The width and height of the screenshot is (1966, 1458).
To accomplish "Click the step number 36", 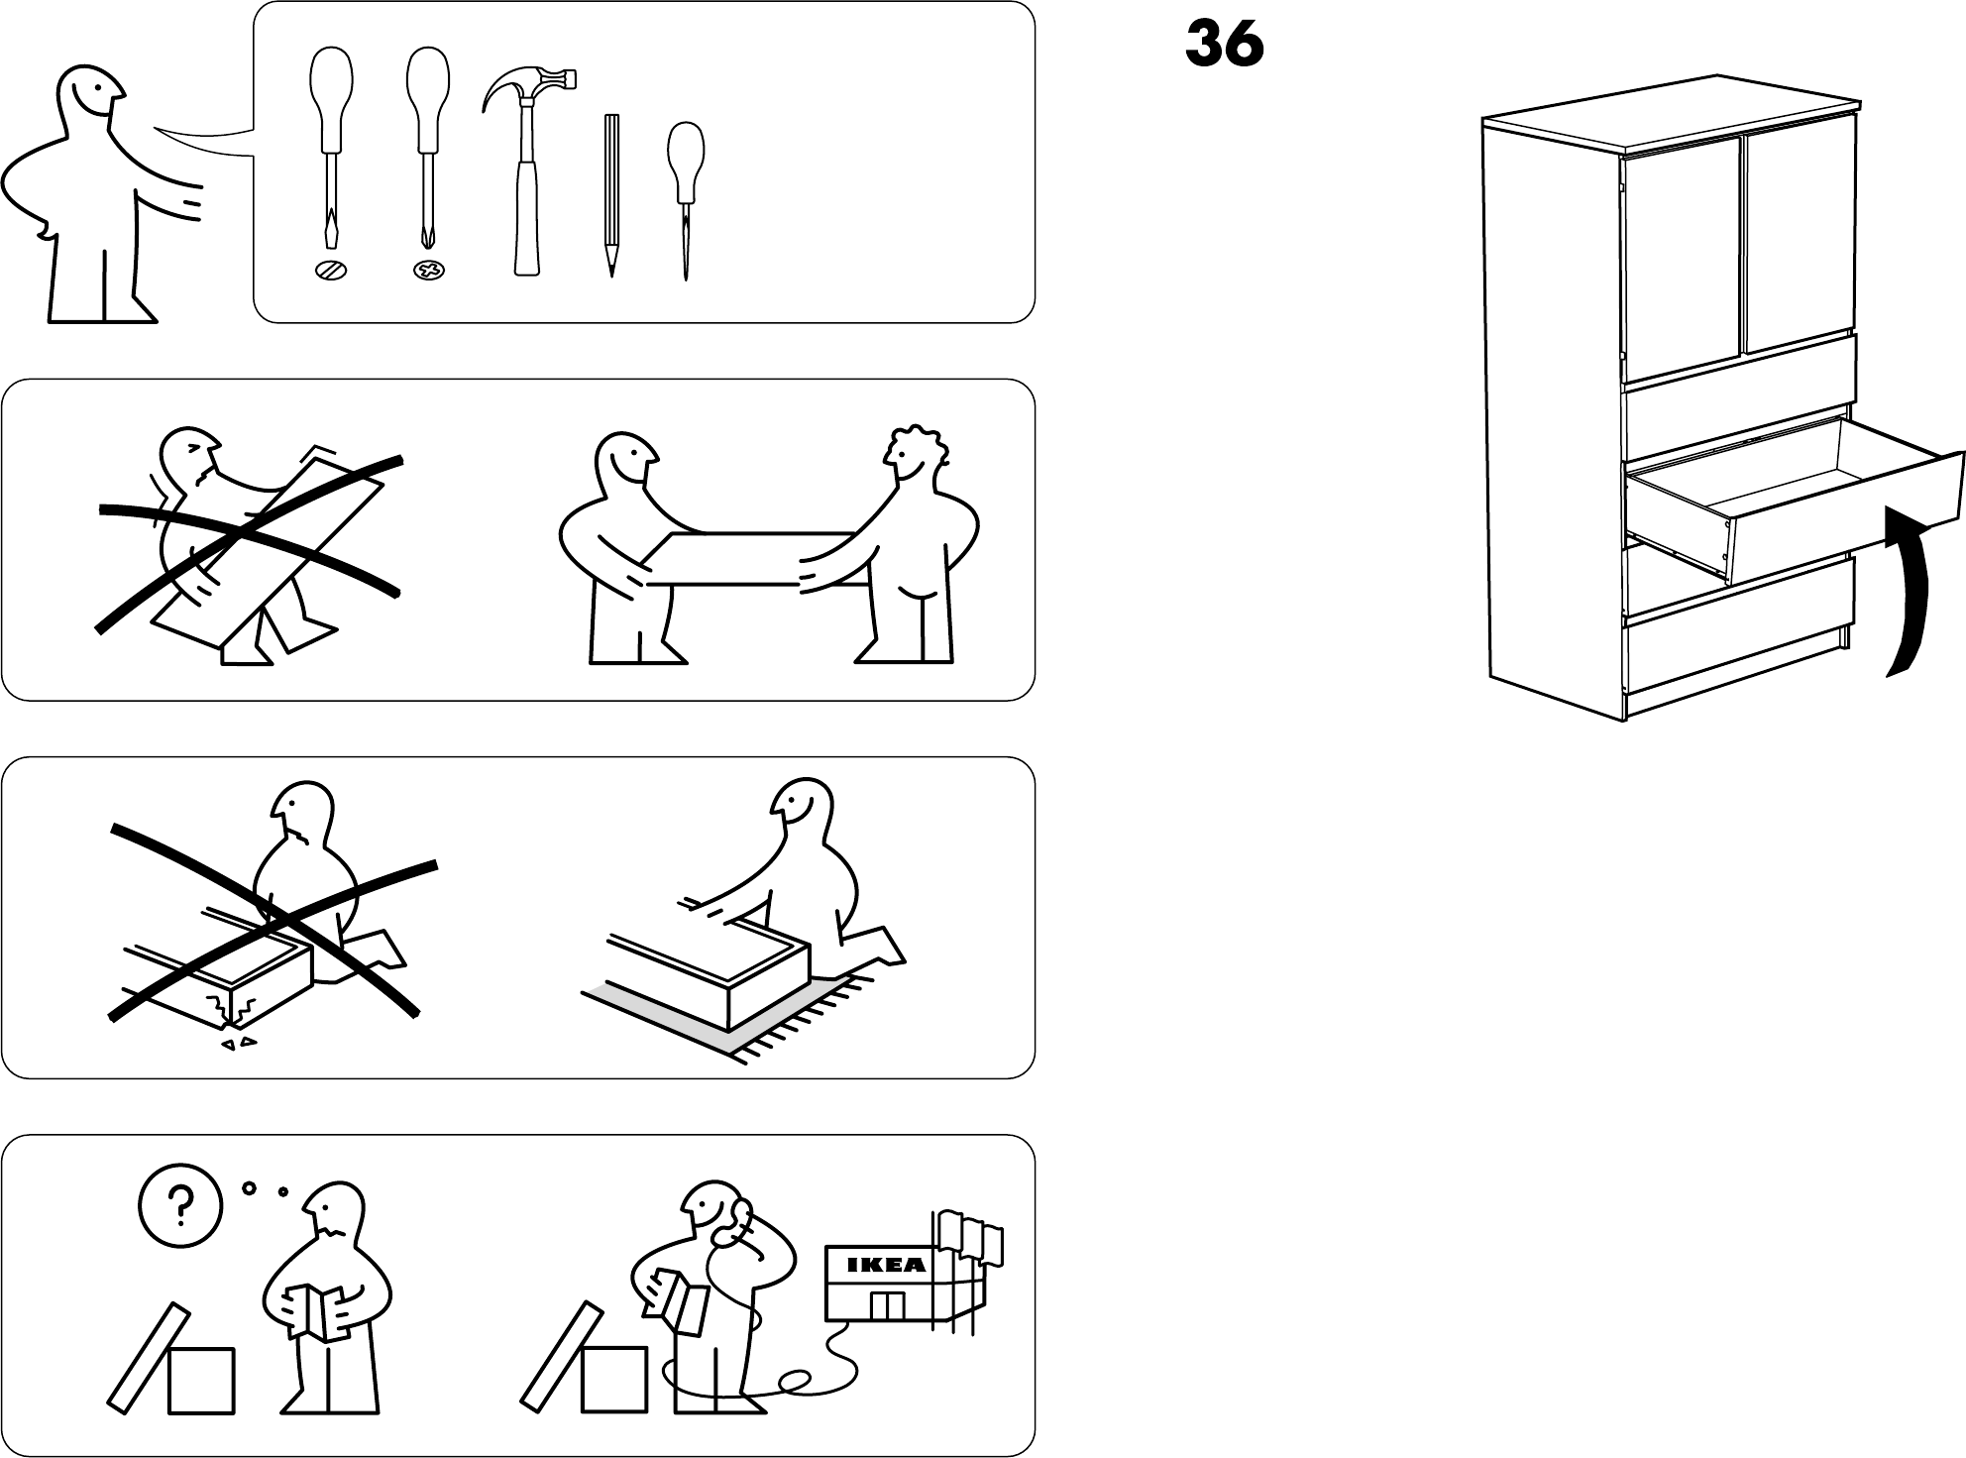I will click(1224, 46).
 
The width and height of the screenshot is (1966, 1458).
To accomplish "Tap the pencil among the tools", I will click(611, 193).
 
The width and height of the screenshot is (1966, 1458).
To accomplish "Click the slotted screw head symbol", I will click(330, 270).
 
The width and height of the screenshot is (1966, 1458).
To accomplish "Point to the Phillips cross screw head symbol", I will click(429, 270).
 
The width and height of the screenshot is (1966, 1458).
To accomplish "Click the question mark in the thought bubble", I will click(179, 1205).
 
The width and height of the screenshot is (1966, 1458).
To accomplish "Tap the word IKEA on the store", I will click(886, 1265).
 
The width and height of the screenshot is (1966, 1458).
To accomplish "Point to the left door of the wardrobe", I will click(1683, 263).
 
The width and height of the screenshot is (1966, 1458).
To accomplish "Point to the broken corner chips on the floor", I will click(237, 1043).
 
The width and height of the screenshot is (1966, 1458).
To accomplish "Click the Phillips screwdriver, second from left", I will click(427, 149).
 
